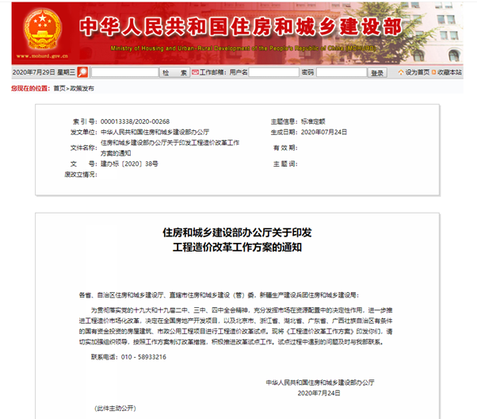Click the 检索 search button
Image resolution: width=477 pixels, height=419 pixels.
pos(172,72)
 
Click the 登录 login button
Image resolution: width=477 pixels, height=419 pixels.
pos(378,72)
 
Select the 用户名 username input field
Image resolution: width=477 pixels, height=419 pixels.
pos(265,72)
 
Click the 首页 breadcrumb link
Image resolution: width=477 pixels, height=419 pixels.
pos(59,88)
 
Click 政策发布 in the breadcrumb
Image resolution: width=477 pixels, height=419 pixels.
pos(82,88)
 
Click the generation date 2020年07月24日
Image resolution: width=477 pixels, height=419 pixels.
pos(324,132)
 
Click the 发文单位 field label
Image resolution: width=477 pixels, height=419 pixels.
pos(83,132)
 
